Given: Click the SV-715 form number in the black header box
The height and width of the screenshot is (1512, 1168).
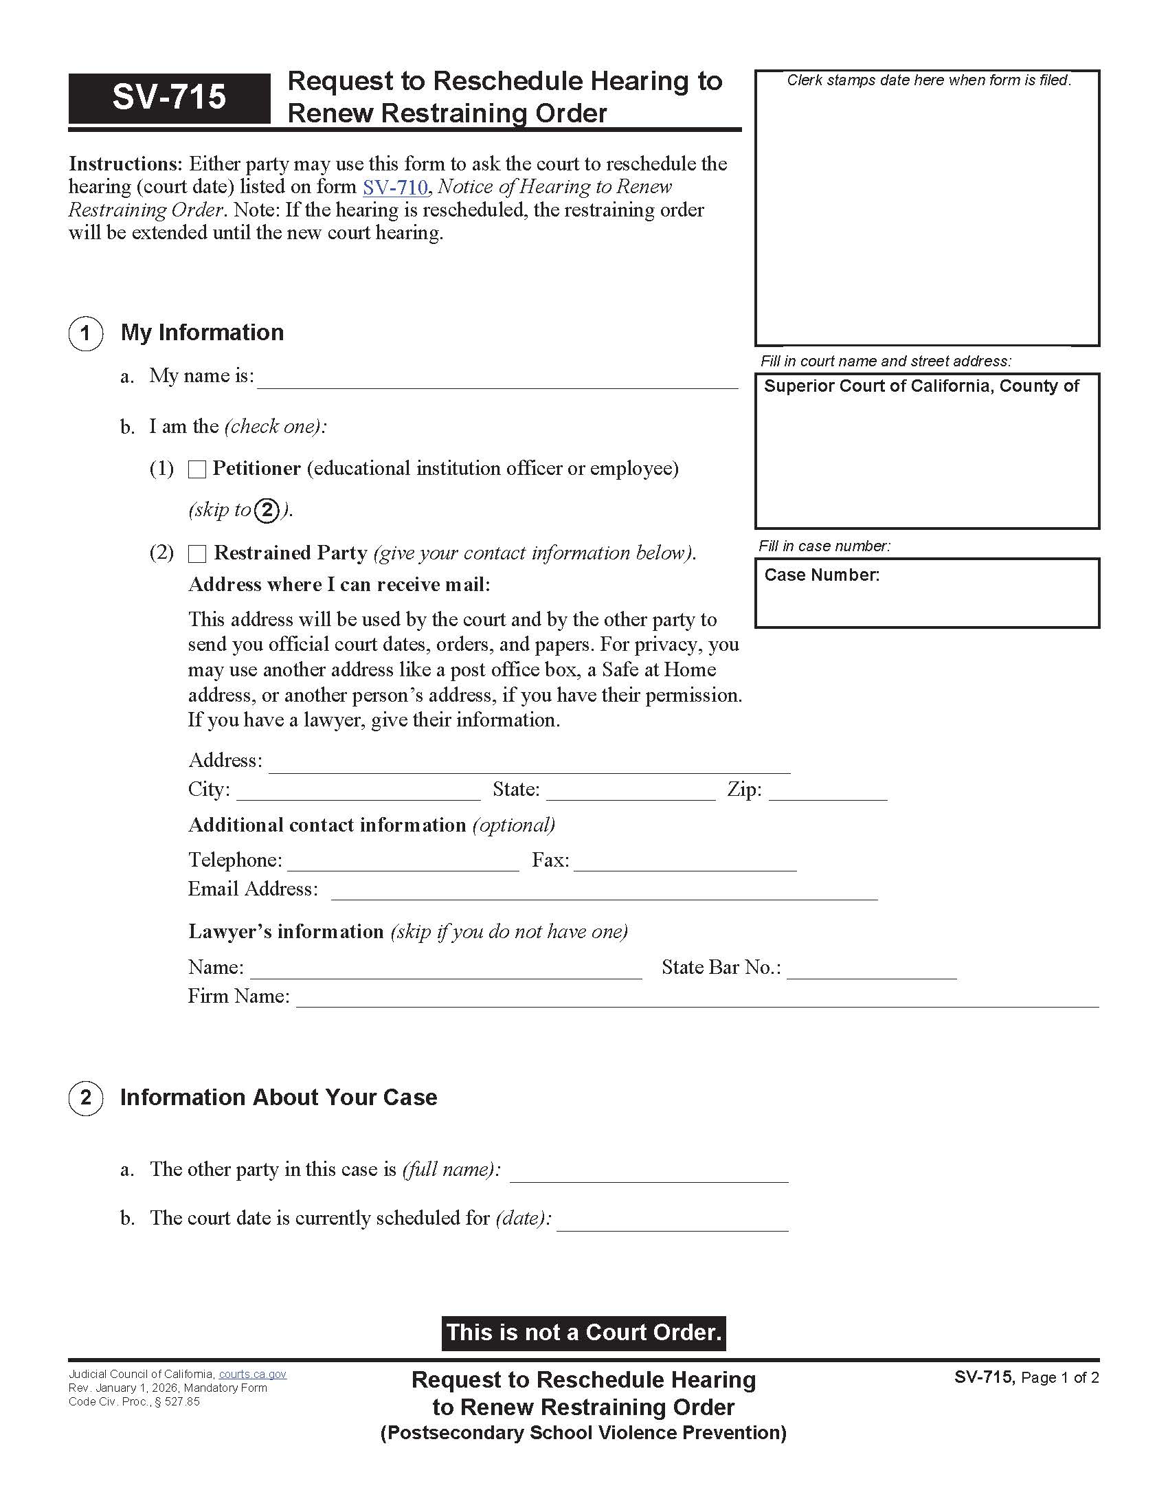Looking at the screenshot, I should (x=169, y=97).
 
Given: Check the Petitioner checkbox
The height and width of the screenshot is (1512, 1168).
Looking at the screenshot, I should (x=197, y=469).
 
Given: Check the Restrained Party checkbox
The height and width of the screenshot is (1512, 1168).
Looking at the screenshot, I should (x=197, y=554).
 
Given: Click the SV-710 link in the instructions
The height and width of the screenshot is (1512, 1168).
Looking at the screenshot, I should (x=395, y=187).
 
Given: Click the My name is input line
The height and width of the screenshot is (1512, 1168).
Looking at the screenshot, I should (x=497, y=379).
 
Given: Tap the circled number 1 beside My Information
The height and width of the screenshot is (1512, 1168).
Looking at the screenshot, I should (x=86, y=334).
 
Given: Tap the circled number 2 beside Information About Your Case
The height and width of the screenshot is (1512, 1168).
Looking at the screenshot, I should (x=86, y=1098).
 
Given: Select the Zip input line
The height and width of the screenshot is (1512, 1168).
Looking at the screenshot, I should (x=828, y=791).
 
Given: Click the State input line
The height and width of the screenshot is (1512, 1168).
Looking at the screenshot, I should (x=630, y=791).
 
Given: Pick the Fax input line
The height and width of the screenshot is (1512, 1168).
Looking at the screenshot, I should (x=685, y=862).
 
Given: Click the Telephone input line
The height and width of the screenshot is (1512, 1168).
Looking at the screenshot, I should (x=403, y=862).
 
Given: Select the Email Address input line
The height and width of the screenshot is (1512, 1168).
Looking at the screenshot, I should (x=604, y=891).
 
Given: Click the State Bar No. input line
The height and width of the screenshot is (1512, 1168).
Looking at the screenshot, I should (x=871, y=969).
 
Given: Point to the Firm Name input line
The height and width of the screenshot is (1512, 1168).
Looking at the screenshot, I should (x=697, y=999).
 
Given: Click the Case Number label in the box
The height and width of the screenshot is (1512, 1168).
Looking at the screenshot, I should (x=821, y=575).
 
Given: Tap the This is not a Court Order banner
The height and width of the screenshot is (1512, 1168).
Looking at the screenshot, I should (x=583, y=1333).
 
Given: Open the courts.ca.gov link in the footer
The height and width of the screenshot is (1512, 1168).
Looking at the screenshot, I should (x=252, y=1375).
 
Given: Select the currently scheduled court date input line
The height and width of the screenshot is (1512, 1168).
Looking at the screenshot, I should (x=672, y=1221).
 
